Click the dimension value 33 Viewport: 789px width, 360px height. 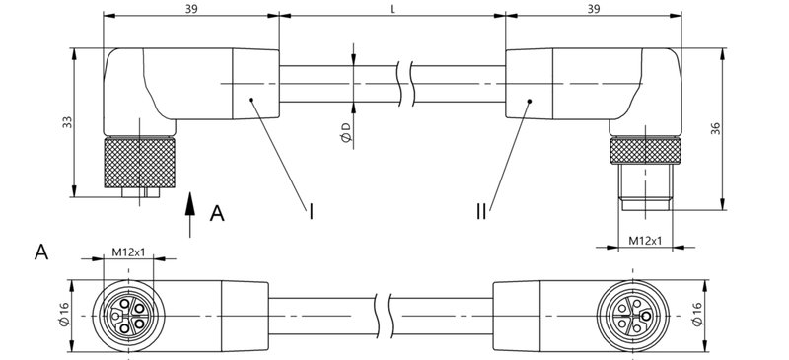[x=66, y=122]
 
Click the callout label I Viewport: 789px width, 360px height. [x=312, y=210]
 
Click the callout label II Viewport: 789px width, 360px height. [x=480, y=210]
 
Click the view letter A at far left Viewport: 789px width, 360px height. [x=41, y=252]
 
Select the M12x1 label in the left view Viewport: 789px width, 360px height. [x=128, y=252]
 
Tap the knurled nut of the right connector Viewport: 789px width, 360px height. [x=644, y=151]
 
